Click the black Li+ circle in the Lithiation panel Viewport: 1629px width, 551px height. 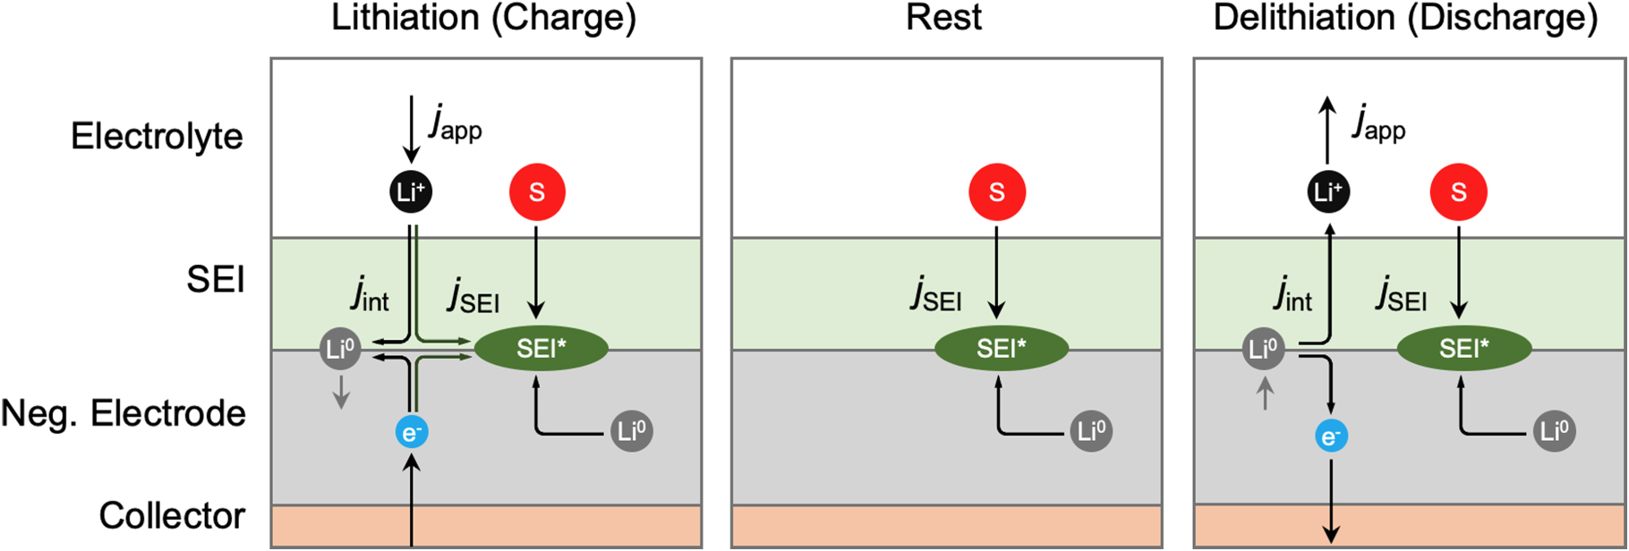click(x=411, y=191)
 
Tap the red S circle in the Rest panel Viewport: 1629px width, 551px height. click(x=996, y=191)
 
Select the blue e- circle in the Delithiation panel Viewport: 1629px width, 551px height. click(x=1331, y=437)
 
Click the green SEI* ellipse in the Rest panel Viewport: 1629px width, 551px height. click(x=1002, y=348)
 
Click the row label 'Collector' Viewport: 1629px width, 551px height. click(x=172, y=515)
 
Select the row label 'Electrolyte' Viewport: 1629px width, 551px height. click(x=157, y=136)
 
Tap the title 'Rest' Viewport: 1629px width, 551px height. click(x=943, y=18)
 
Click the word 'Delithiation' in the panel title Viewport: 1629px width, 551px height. click(x=1303, y=18)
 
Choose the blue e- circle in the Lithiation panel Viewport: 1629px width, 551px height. click(x=412, y=433)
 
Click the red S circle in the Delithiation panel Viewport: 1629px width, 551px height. click(x=1458, y=191)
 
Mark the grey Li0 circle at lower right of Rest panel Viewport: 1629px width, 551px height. click(x=1091, y=432)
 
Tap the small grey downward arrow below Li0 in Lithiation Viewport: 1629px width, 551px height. click(x=341, y=392)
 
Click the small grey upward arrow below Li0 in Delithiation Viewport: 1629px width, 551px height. click(x=1265, y=394)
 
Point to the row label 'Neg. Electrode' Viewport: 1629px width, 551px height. click(x=124, y=413)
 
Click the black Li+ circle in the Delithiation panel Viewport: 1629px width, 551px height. click(x=1328, y=191)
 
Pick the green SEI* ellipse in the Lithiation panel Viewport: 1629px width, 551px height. click(x=541, y=348)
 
